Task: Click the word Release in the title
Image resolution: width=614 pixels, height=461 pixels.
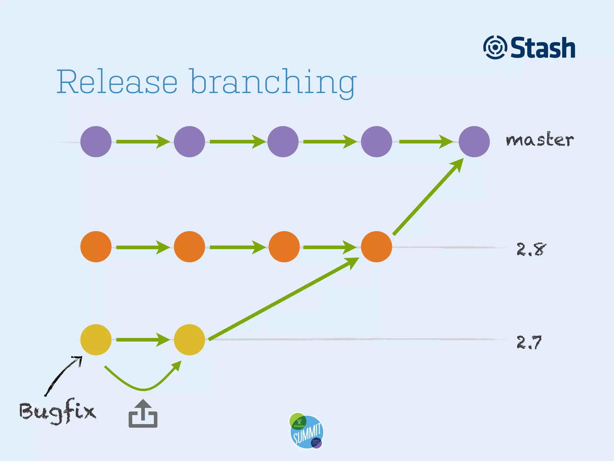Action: (x=117, y=81)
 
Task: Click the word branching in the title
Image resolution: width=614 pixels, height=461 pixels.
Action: (x=273, y=83)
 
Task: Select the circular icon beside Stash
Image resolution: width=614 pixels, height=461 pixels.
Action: (x=495, y=47)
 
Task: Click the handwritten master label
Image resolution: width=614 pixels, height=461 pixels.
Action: (x=540, y=140)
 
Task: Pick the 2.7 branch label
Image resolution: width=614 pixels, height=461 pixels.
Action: (x=529, y=342)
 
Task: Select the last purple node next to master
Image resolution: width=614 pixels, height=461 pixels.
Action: (x=474, y=142)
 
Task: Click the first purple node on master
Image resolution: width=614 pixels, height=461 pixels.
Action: (x=96, y=142)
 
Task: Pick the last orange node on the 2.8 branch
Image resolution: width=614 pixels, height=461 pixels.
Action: (x=376, y=247)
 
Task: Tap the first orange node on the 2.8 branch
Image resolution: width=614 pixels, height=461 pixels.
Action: (x=96, y=247)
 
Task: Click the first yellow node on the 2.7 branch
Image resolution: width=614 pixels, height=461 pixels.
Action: (x=96, y=340)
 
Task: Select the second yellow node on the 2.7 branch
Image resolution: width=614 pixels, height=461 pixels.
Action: (x=189, y=340)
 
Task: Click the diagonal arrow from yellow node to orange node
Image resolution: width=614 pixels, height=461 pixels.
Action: (x=283, y=299)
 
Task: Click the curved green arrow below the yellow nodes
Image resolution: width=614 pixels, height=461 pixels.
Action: (x=143, y=389)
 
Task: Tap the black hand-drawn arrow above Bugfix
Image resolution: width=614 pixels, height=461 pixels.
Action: (x=63, y=375)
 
